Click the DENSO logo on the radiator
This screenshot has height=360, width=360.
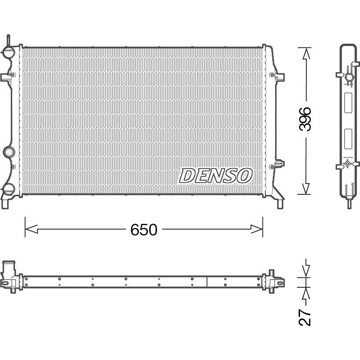tap(216, 176)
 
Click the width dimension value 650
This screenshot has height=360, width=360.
tap(144, 230)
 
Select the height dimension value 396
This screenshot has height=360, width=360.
tap(305, 119)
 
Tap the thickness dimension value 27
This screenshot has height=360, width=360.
tap(305, 317)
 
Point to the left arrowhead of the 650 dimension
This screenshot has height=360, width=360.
tap(31, 229)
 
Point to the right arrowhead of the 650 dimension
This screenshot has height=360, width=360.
tap(256, 229)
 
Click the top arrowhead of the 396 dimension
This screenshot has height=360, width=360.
tap(306, 54)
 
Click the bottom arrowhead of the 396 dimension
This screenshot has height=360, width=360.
tap(306, 189)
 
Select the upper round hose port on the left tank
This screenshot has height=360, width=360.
tap(9, 52)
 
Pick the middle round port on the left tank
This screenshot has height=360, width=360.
tap(9, 152)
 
